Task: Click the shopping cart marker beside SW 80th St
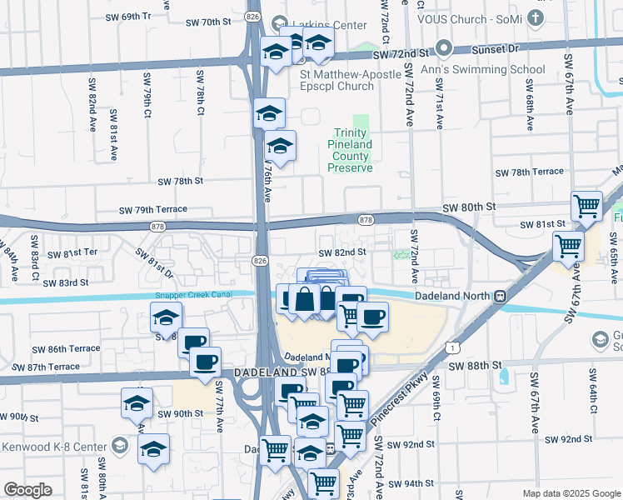pyautogui.click(x=587, y=205)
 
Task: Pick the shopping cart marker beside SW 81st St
pyautogui.click(x=569, y=245)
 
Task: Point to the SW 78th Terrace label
pyautogui.click(x=529, y=172)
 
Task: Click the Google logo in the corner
pyautogui.click(x=28, y=489)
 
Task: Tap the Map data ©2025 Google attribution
pyautogui.click(x=571, y=493)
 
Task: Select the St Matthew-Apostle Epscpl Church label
pyautogui.click(x=336, y=79)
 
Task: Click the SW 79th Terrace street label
pyautogui.click(x=153, y=210)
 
